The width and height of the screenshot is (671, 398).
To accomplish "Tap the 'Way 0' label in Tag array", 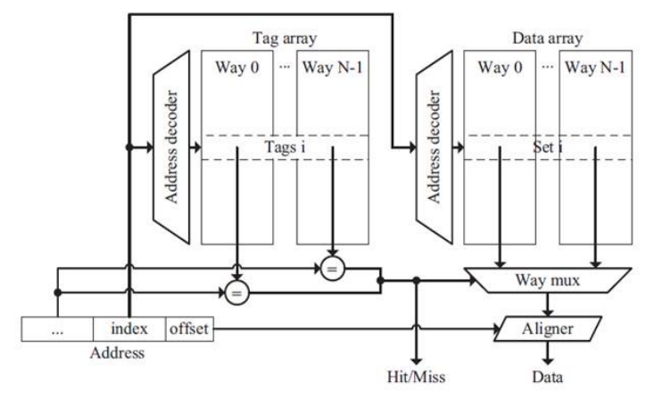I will (236, 68).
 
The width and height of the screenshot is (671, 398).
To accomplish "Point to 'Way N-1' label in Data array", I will (593, 68).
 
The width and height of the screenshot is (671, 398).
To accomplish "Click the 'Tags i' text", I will (285, 146).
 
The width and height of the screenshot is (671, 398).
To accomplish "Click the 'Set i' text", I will (544, 146).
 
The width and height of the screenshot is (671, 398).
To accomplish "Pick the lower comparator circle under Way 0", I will (236, 292).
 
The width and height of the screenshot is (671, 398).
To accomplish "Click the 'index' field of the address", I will (129, 329).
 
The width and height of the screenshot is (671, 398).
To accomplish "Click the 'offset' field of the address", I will (187, 329).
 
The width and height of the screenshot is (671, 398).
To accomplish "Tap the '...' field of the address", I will (57, 329).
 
